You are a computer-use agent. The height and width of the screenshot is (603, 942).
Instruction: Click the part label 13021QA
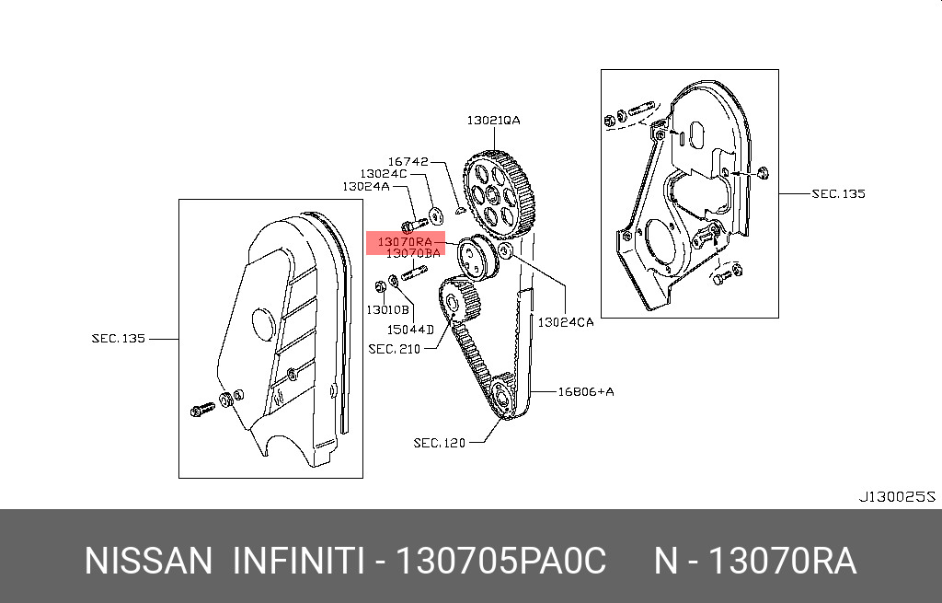(x=493, y=121)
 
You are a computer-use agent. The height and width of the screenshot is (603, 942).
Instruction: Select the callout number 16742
(x=408, y=161)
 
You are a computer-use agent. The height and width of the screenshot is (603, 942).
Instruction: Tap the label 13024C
(x=384, y=174)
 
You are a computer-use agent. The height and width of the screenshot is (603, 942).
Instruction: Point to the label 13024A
(x=366, y=186)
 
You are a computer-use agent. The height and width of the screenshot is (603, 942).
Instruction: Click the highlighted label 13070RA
(x=405, y=242)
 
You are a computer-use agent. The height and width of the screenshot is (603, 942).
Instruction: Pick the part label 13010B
(x=387, y=309)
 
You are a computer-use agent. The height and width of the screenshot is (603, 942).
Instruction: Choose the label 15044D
(x=410, y=330)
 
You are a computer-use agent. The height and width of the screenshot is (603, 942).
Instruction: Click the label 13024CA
(x=566, y=322)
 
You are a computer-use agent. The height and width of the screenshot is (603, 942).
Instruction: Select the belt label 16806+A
(x=586, y=392)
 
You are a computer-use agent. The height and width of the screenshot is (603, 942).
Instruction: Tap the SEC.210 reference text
(x=394, y=349)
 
